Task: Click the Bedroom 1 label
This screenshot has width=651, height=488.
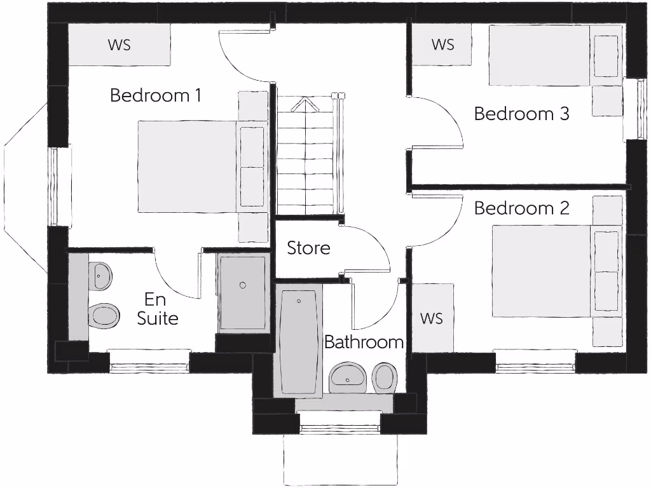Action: (155, 96)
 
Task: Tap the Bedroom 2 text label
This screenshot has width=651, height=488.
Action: (521, 208)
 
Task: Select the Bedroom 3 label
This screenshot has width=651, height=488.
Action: (521, 114)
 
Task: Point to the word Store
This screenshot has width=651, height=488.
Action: (308, 248)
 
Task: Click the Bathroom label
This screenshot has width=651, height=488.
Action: (364, 342)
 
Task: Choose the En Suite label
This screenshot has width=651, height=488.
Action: (157, 309)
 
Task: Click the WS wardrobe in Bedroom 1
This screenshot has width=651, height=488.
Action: (119, 45)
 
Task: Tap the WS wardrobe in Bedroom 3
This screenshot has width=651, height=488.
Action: (442, 44)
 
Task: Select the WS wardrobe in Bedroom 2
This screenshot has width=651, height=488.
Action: (432, 318)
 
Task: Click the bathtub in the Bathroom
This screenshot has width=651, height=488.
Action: (298, 343)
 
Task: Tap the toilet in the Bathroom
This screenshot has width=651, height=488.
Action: (384, 377)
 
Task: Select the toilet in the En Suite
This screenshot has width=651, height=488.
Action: (103, 314)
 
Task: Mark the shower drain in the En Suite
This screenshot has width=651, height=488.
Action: (242, 285)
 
